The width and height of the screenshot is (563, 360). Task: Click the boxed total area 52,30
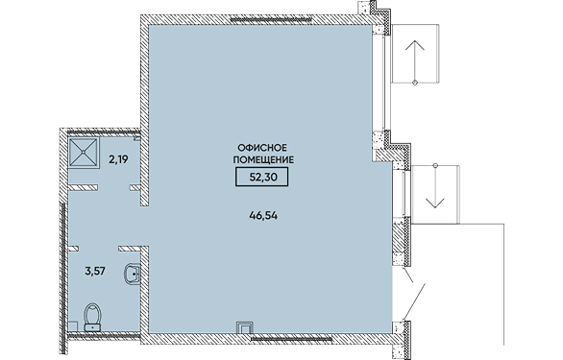click(261, 177)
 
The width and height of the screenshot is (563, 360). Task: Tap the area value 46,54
click(263, 216)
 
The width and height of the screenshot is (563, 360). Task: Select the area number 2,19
click(118, 159)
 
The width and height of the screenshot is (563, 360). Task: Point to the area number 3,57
click(95, 271)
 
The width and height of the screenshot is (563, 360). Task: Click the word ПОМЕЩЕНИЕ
click(263, 159)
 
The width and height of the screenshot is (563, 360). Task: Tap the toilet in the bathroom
click(92, 317)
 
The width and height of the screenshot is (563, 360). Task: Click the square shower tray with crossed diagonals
click(84, 152)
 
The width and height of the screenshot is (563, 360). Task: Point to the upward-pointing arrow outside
click(415, 61)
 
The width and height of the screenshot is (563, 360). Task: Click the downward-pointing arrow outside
click(435, 186)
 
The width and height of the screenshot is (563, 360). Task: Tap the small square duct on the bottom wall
click(245, 327)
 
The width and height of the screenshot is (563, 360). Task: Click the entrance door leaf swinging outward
click(414, 301)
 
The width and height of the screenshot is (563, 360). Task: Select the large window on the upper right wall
click(381, 83)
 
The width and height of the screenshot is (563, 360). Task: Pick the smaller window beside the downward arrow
click(402, 193)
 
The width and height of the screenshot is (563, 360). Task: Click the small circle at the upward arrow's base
click(415, 83)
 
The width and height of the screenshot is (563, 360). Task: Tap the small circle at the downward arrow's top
click(435, 165)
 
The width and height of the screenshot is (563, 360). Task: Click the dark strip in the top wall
click(271, 20)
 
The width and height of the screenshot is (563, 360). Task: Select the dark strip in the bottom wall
click(291, 339)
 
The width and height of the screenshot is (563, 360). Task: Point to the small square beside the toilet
click(73, 325)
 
